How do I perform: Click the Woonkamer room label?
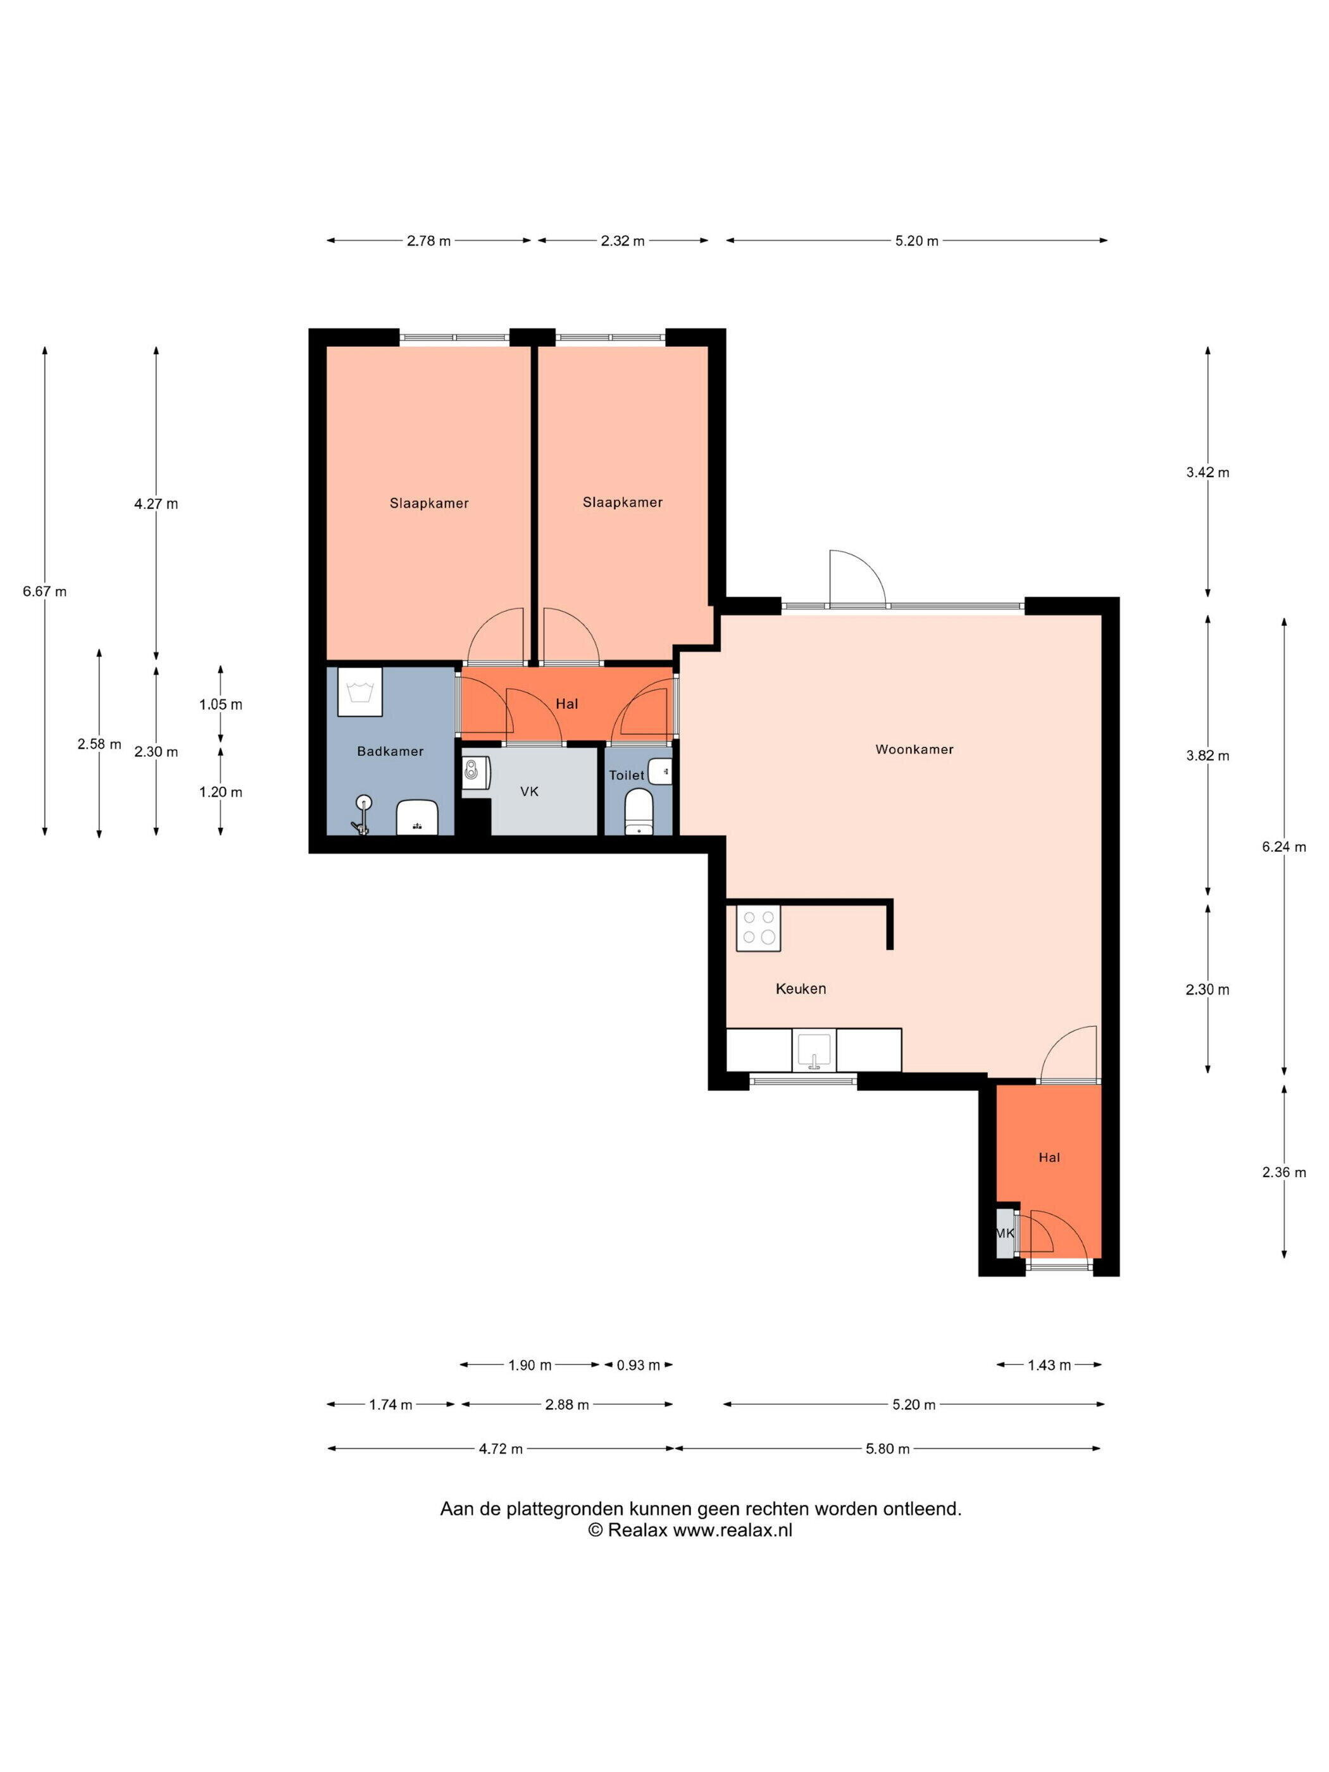[x=914, y=750]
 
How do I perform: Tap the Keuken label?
[x=801, y=989]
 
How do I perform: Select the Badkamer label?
[x=390, y=751]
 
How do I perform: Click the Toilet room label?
[x=627, y=775]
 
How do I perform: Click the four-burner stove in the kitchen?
[x=758, y=928]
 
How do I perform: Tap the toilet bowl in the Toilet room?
[x=639, y=811]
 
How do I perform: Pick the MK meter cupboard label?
[x=1004, y=1233]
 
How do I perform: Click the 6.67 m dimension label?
[x=45, y=592]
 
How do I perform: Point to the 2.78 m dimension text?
[x=428, y=240]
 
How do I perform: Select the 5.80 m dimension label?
[x=888, y=1449]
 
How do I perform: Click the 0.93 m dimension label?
[x=639, y=1365]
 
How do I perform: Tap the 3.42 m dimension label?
[x=1207, y=473]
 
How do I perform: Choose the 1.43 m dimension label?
[x=1049, y=1365]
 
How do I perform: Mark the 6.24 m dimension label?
[x=1284, y=847]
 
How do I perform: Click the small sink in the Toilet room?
[x=661, y=771]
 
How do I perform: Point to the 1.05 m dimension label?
[x=220, y=705]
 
